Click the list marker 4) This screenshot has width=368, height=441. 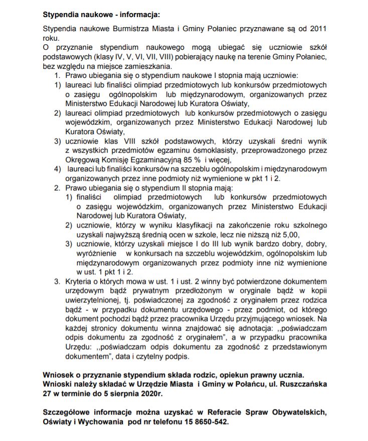[58, 169]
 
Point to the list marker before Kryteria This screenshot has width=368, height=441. [58, 281]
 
